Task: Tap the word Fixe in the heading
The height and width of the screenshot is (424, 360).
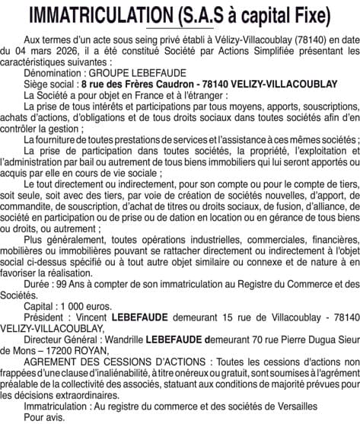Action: point(311,16)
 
